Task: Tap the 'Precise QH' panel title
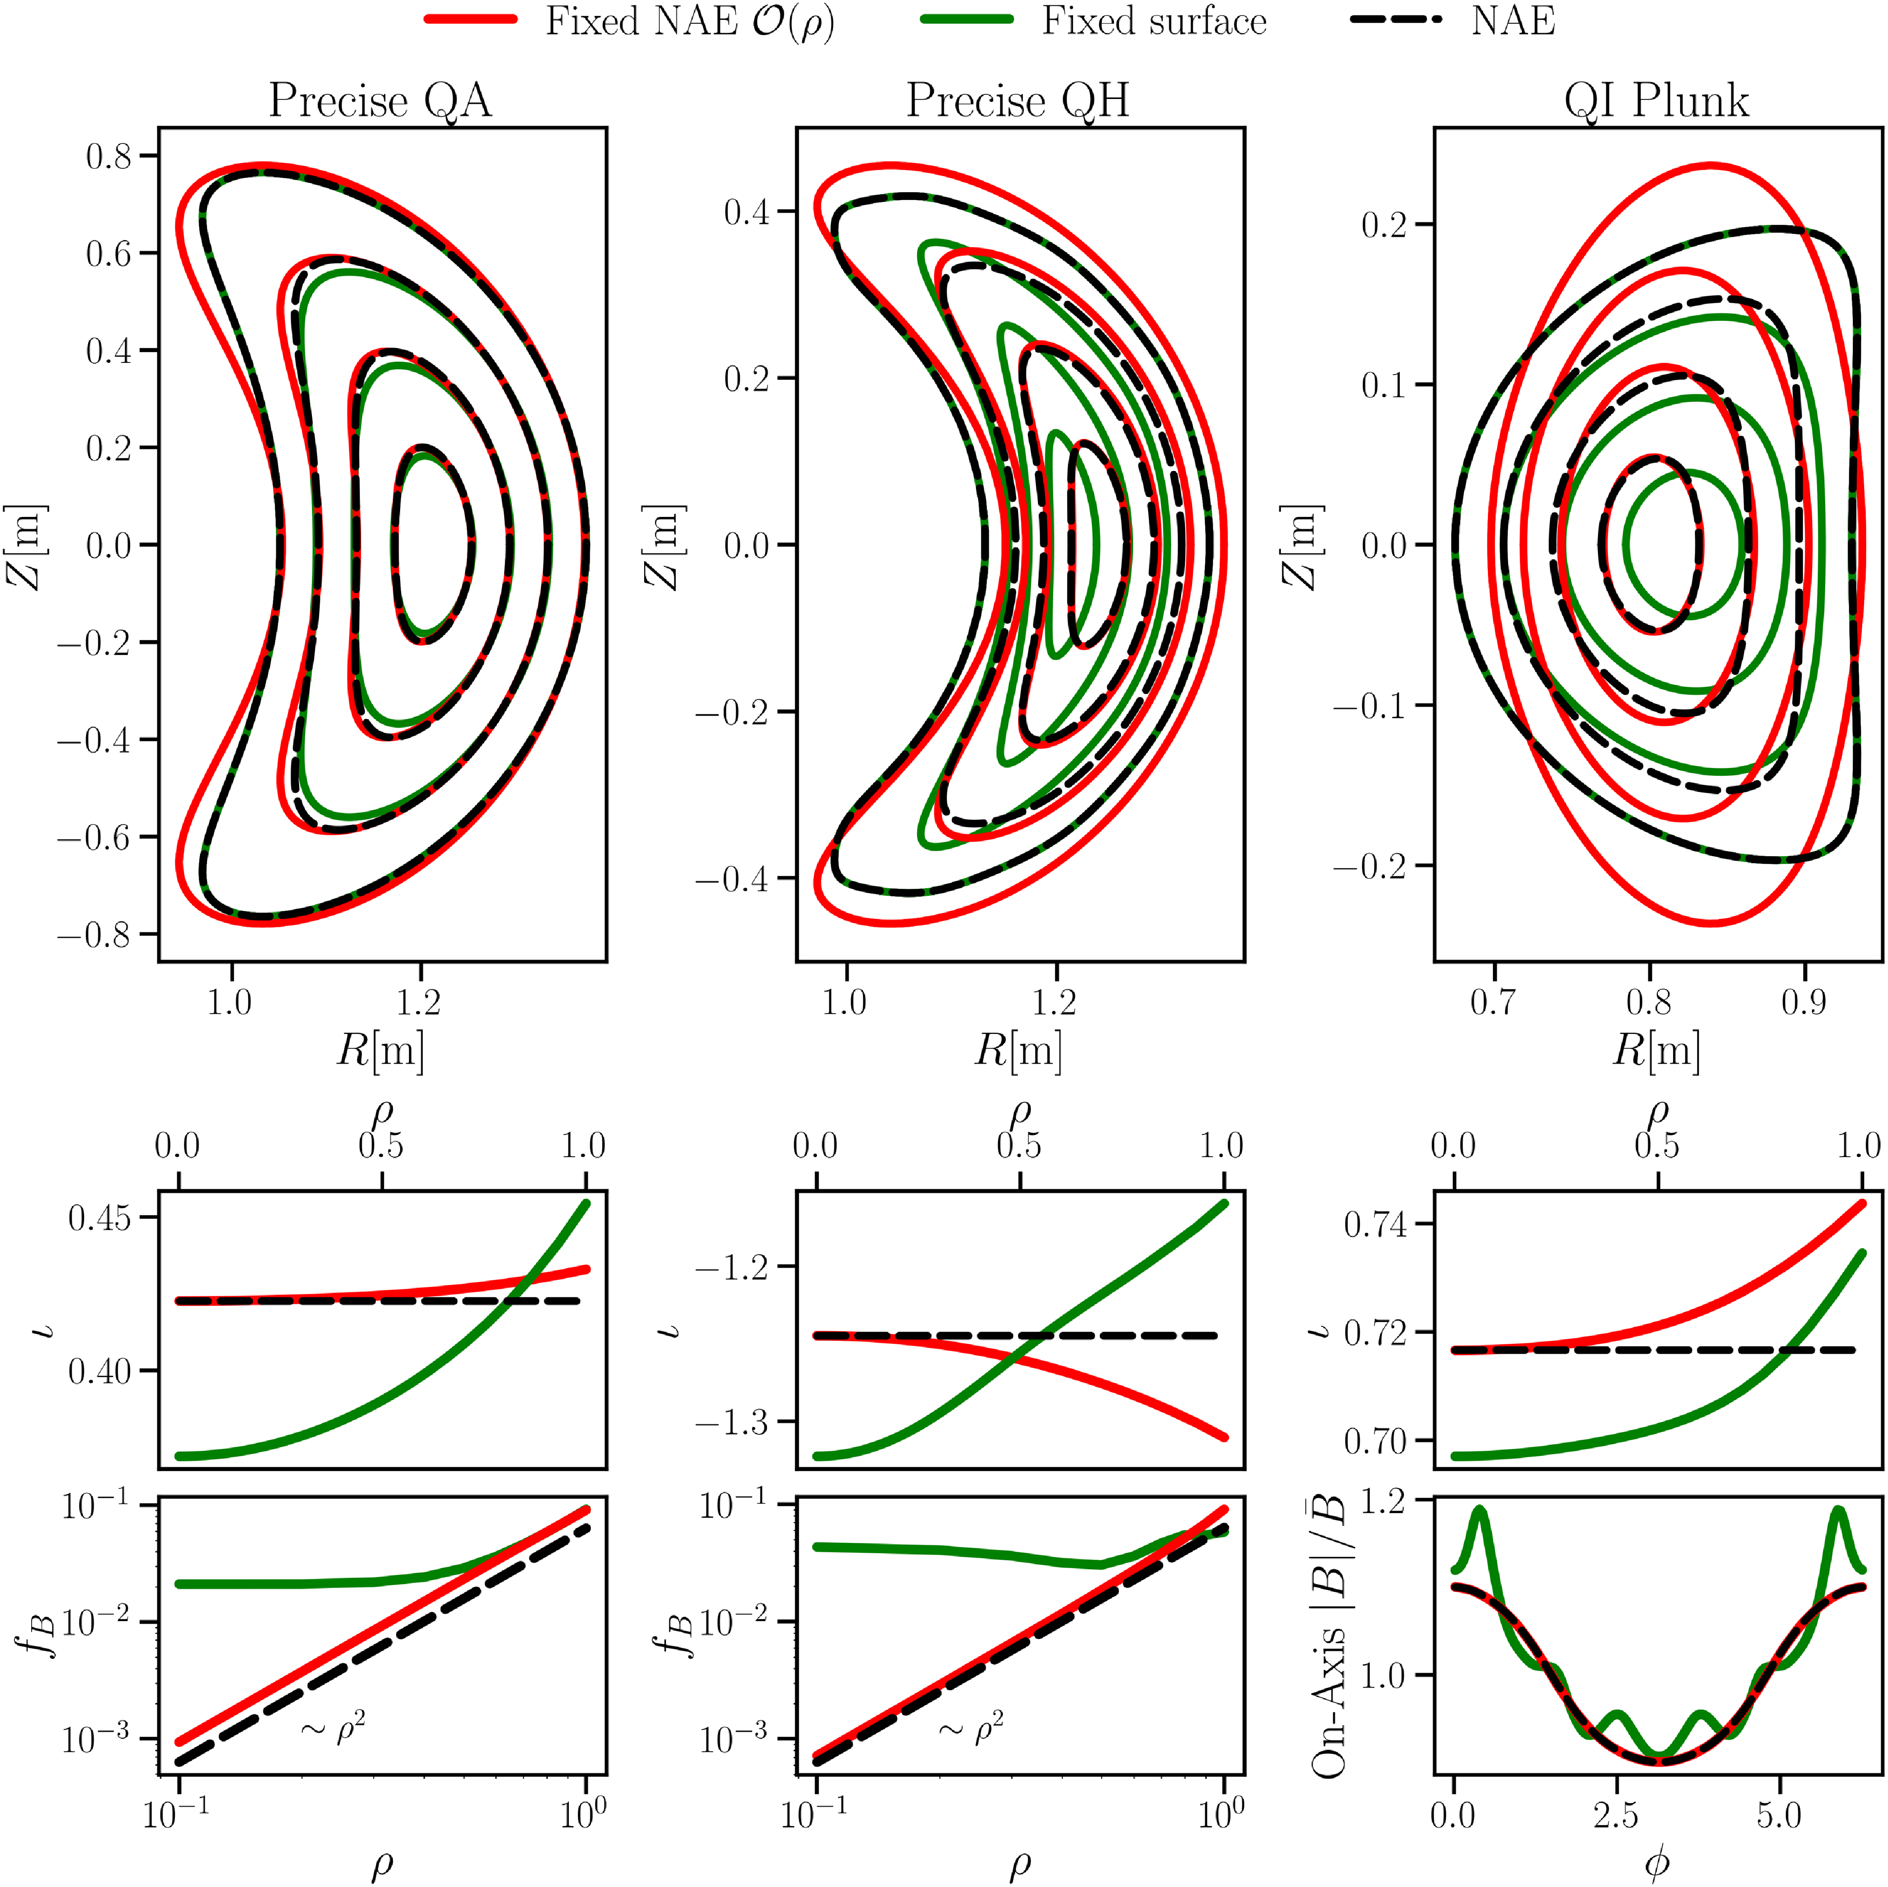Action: [x=1018, y=101]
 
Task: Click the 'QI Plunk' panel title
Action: [x=1656, y=101]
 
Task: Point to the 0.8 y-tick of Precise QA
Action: [x=107, y=156]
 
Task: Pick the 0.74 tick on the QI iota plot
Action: [x=1375, y=1224]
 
